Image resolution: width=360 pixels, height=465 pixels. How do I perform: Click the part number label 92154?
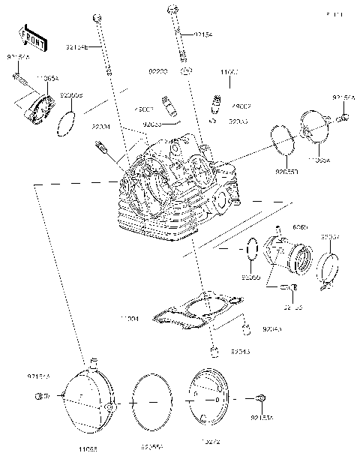pos(203,34)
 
